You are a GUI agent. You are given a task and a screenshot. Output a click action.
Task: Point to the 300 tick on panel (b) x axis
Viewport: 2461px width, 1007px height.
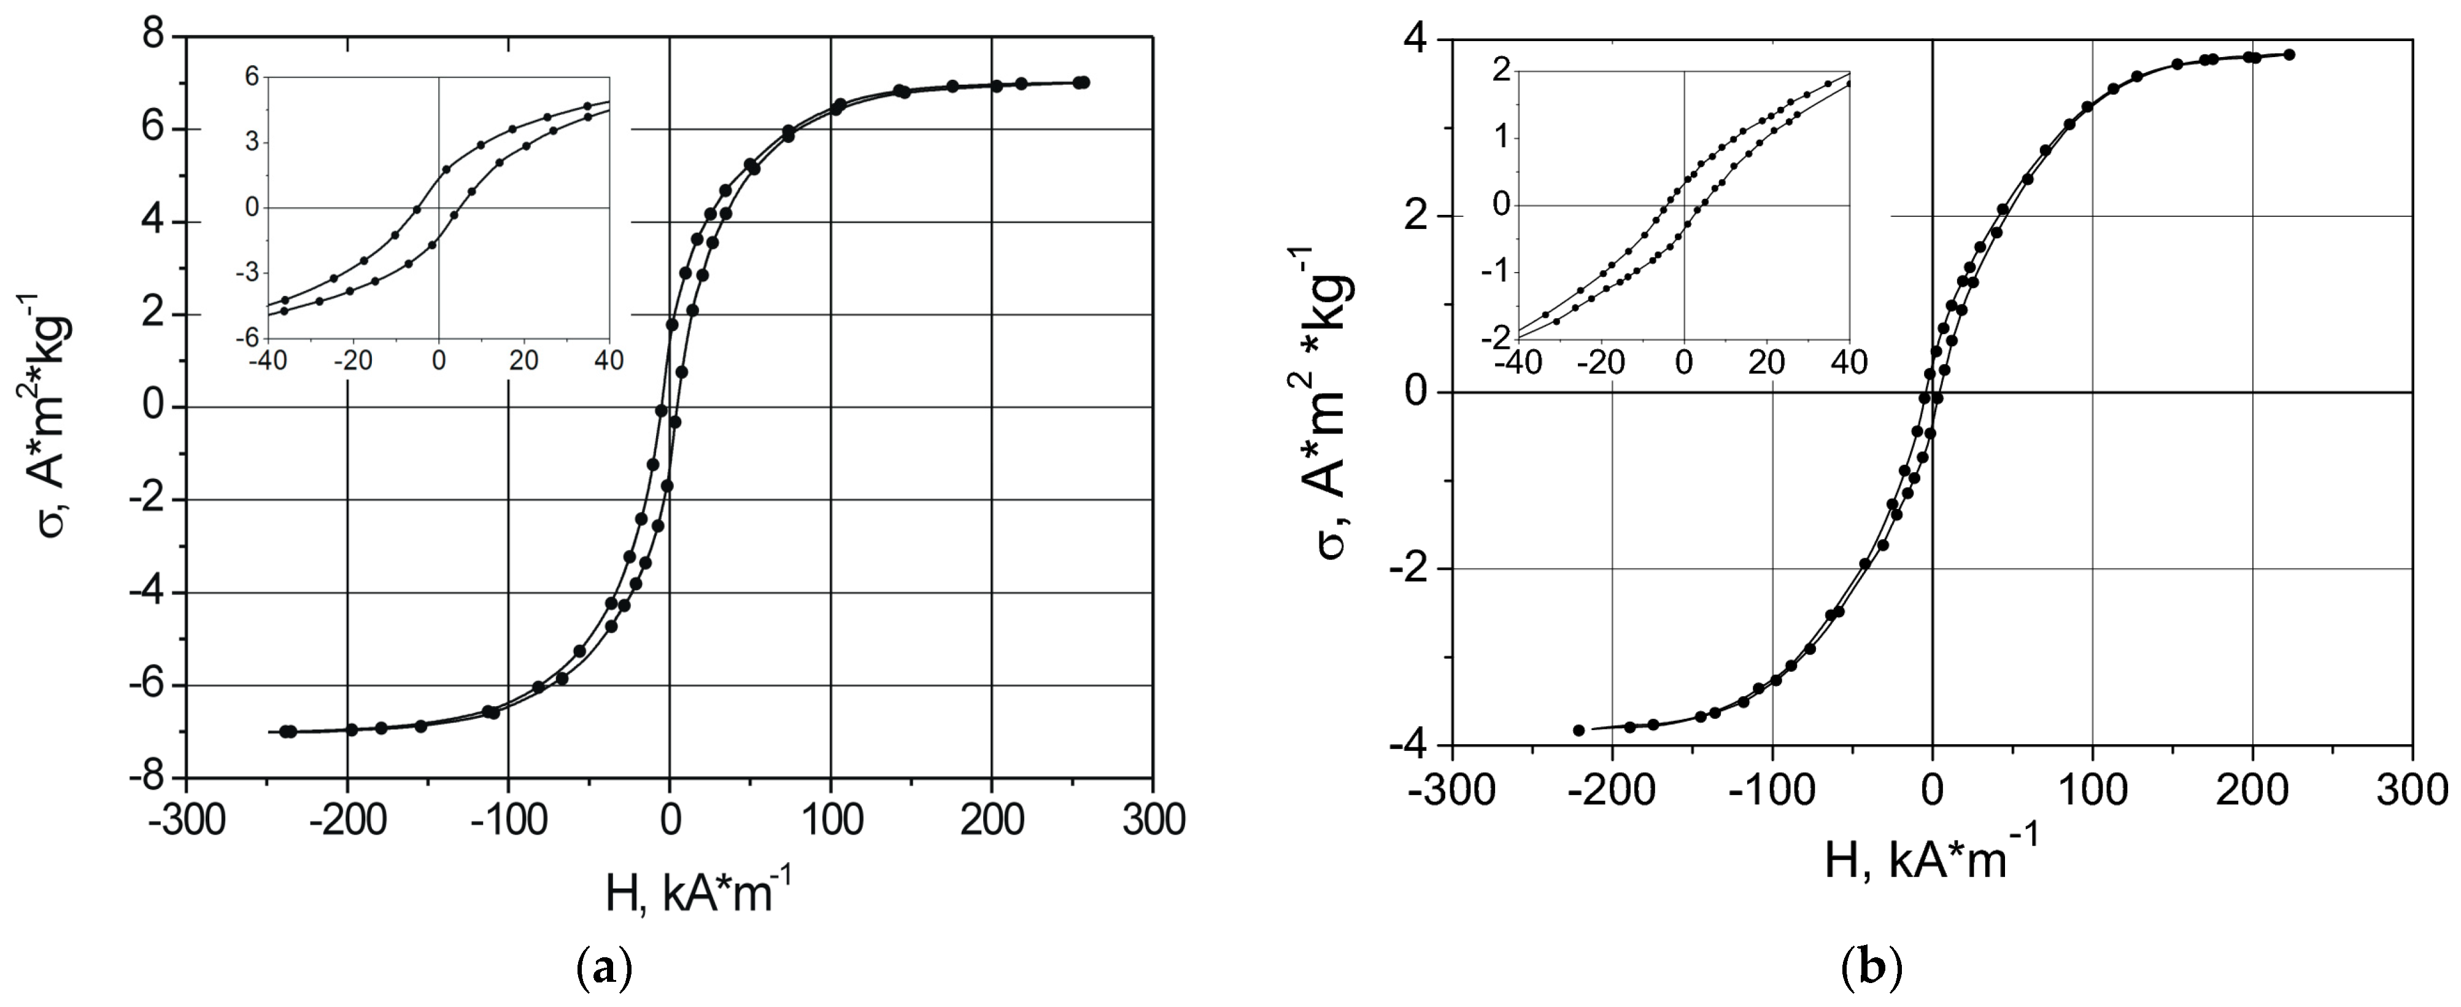2413,791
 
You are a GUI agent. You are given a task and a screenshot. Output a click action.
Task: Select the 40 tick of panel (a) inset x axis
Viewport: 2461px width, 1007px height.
609,360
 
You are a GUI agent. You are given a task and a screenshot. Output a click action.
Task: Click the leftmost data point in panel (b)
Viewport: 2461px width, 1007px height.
1578,730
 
